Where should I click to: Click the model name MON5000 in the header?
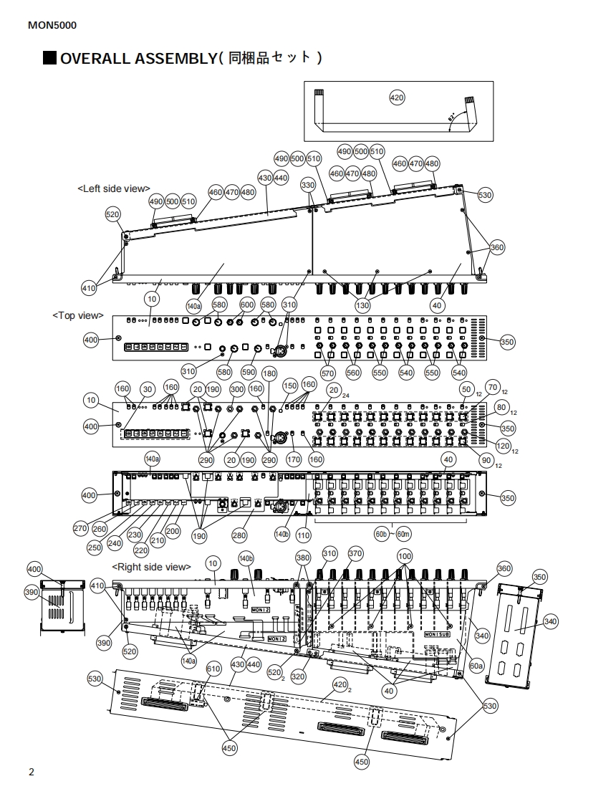point(52,26)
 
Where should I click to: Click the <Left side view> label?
point(114,188)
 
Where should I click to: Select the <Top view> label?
point(78,315)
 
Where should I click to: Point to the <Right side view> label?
point(149,567)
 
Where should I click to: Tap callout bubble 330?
point(308,185)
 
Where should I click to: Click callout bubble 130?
point(363,305)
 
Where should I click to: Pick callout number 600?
point(246,305)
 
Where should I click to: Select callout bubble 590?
point(249,372)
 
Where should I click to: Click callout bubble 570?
point(328,373)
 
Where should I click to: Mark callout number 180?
point(269,374)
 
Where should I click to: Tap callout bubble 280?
point(239,535)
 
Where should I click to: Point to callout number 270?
point(80,528)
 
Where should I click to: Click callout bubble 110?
point(303,535)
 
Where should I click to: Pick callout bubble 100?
point(405,556)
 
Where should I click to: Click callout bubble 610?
point(213,669)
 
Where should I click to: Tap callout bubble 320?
point(298,676)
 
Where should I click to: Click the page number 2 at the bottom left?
point(31,772)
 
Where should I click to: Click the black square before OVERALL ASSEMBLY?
point(50,58)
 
